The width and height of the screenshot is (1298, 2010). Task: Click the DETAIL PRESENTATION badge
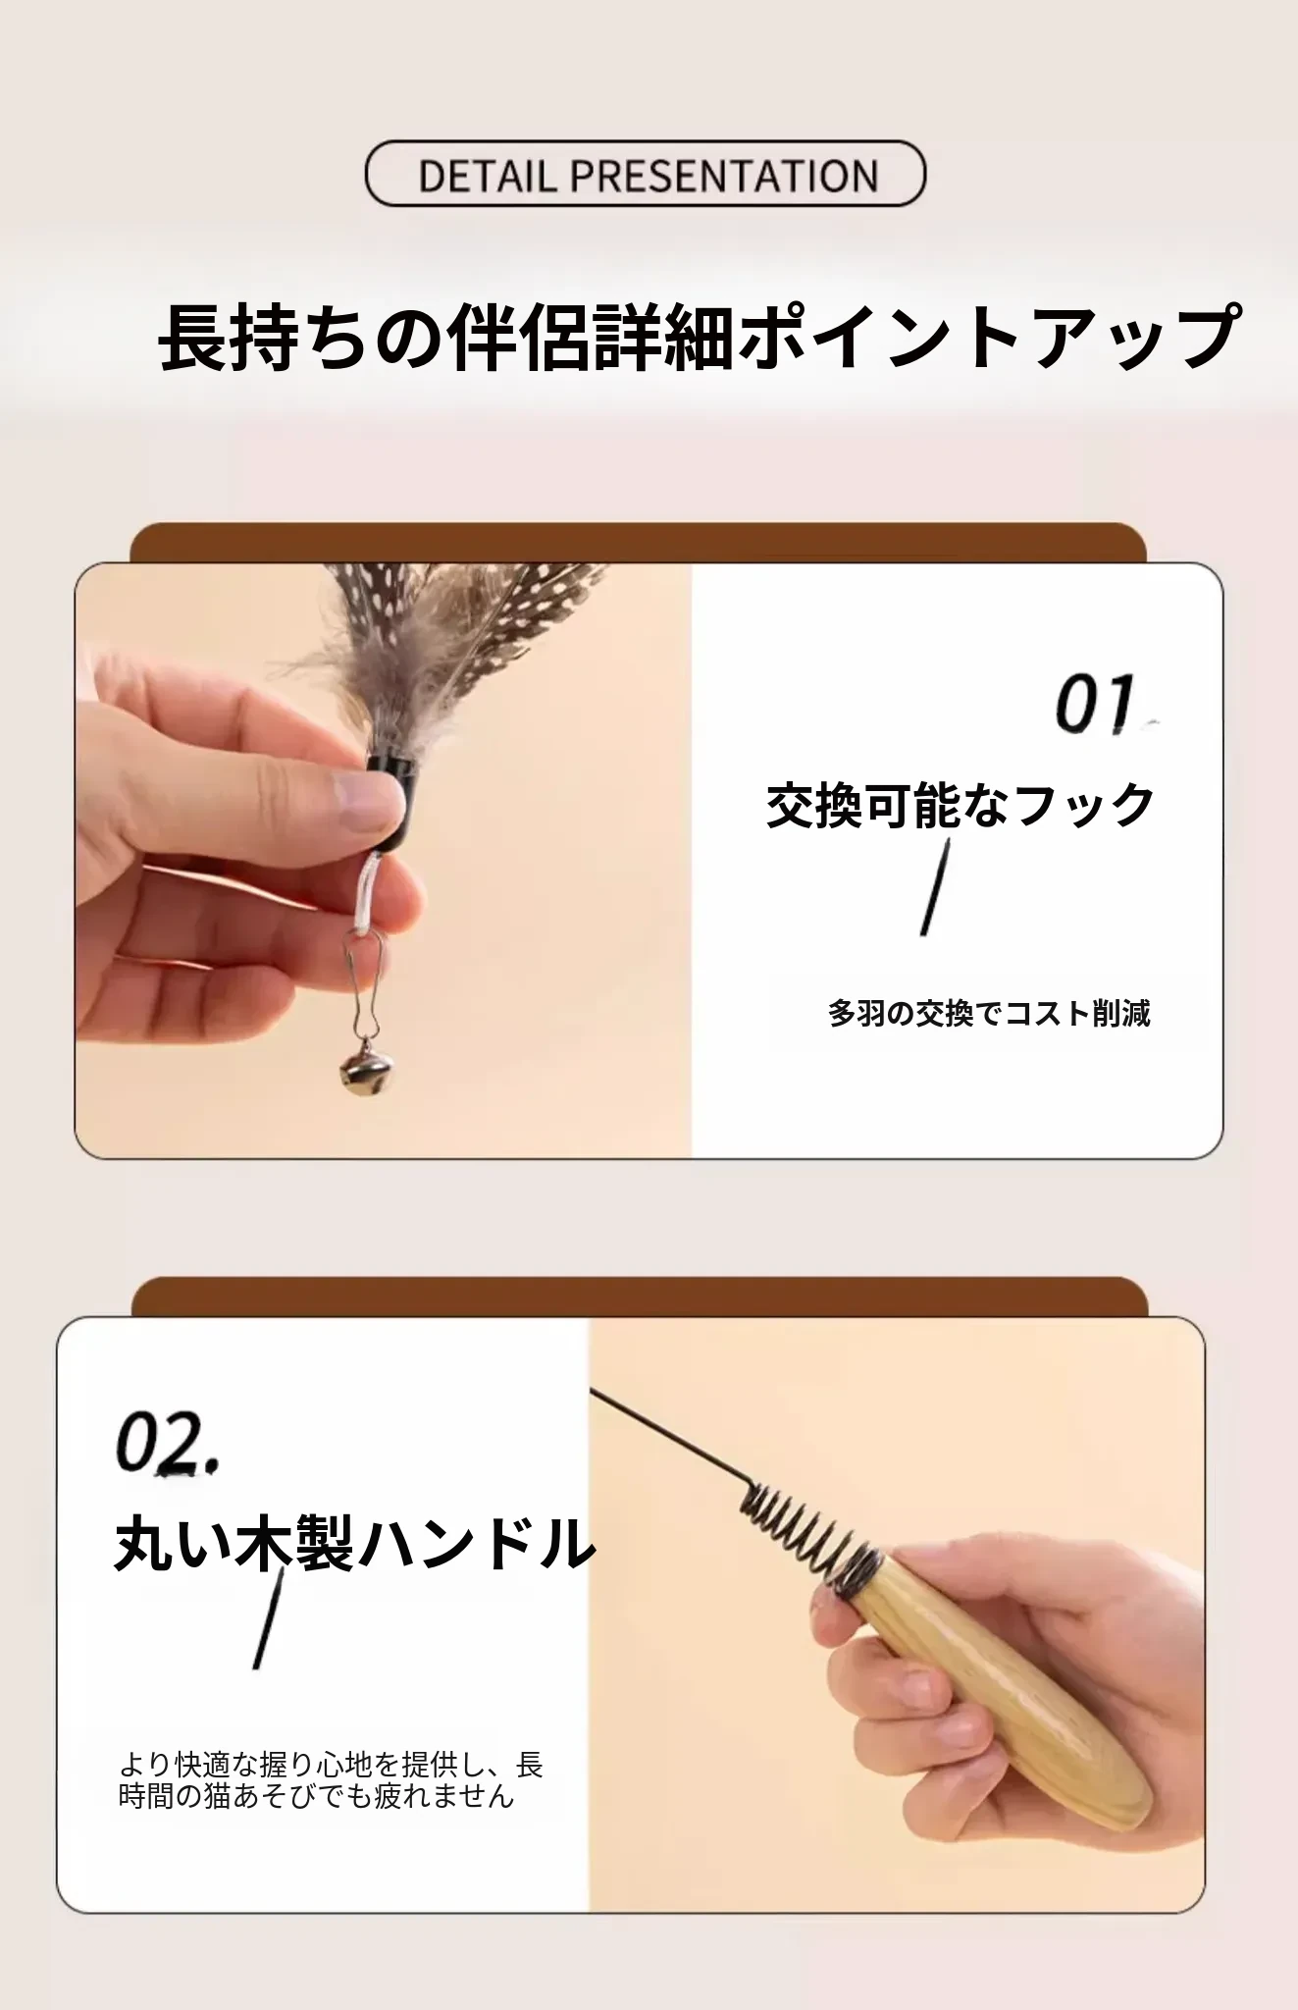pos(645,174)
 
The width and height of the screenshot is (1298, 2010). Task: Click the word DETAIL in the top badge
pos(488,177)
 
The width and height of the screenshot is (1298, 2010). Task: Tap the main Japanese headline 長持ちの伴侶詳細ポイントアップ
pos(700,337)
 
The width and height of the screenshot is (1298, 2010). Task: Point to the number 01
pos(1096,704)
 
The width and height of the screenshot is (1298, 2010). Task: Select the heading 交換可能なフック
pos(961,806)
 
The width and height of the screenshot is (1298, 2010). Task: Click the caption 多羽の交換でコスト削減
pos(989,1013)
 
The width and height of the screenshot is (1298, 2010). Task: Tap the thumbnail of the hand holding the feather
pos(384,861)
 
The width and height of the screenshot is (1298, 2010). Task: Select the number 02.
pos(168,1444)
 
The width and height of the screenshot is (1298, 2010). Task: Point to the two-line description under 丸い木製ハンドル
pos(331,1779)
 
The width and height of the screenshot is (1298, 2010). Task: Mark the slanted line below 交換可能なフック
pos(935,887)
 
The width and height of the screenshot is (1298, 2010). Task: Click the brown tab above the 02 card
pos(640,1296)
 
